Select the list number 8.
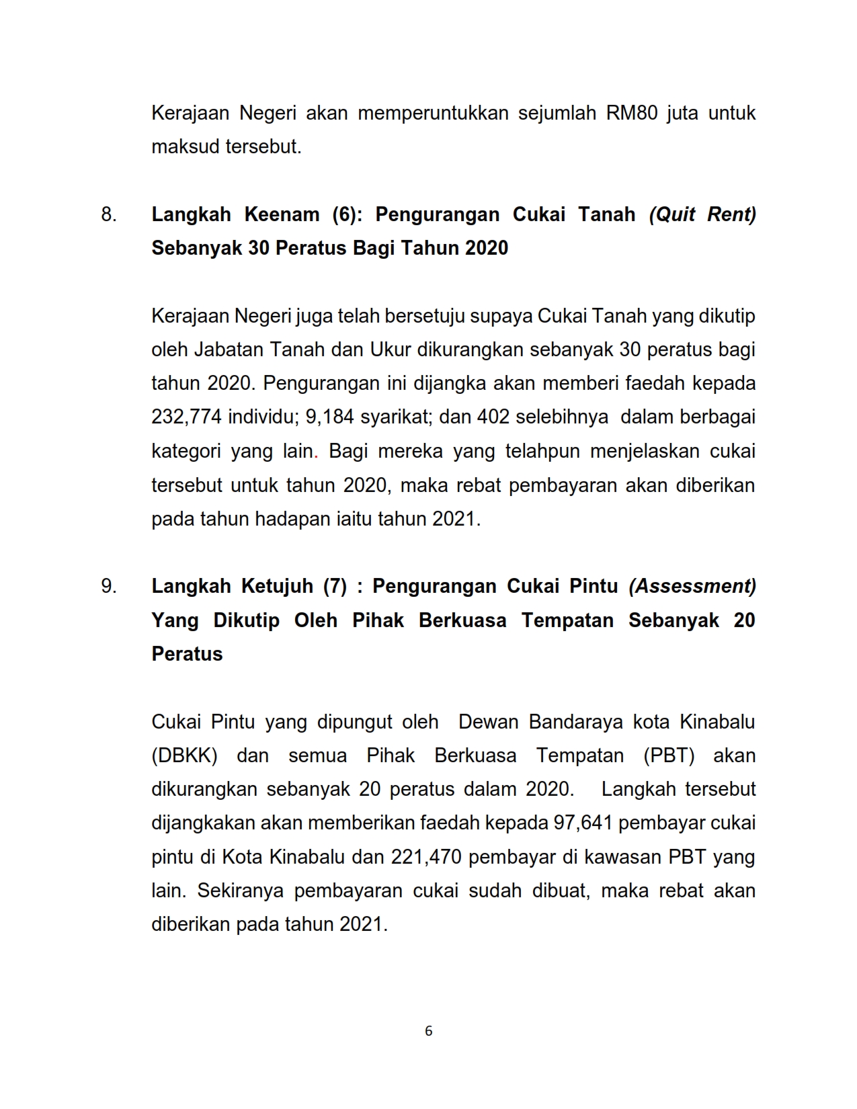pos(109,214)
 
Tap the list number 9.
pos(109,586)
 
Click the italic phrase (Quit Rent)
pos(702,214)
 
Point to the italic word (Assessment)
pos(692,586)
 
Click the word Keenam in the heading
pos(282,214)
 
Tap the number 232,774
pos(186,417)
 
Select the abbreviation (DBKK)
pos(184,755)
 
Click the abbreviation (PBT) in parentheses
pos(669,755)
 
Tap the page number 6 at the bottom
pos(429,1031)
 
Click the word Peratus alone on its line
pos(187,654)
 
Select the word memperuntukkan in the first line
pos(433,113)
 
